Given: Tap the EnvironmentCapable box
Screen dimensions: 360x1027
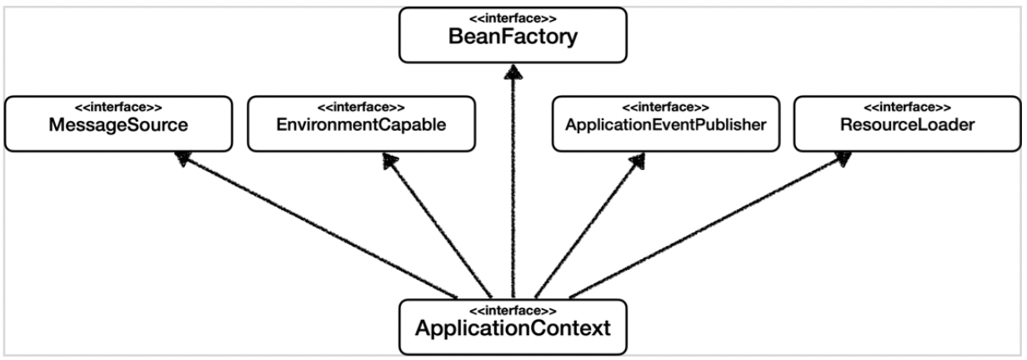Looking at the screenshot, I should [x=360, y=124].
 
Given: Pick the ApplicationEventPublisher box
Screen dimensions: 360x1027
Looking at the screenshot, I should [x=665, y=124].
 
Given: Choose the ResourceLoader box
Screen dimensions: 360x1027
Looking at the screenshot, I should [x=907, y=124].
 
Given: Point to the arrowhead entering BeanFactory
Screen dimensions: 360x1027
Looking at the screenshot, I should [x=512, y=72].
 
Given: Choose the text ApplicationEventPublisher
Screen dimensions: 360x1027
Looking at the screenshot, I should [x=665, y=127].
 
